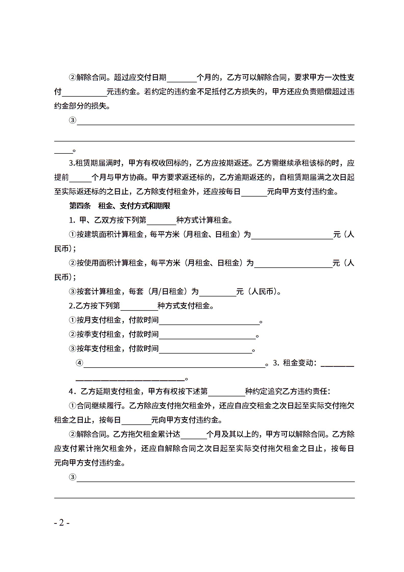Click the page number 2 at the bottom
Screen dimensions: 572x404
[x=62, y=523]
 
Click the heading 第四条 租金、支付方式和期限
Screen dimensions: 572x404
[x=120, y=206]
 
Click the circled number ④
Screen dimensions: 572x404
[x=80, y=363]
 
